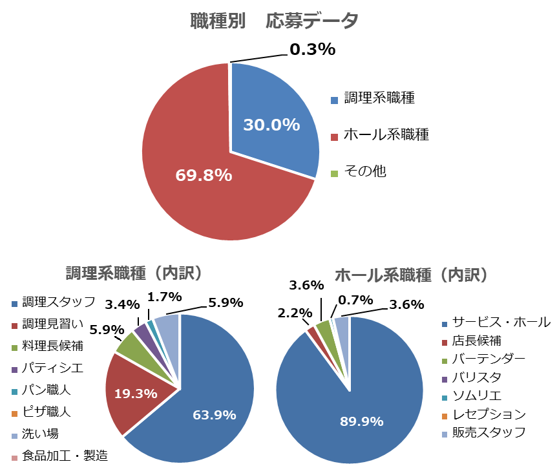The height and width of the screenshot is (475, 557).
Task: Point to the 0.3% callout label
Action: click(312, 49)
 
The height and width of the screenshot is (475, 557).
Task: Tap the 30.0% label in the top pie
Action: click(271, 125)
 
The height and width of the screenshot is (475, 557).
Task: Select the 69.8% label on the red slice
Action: click(204, 174)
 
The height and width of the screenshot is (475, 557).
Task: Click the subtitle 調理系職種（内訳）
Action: click(134, 273)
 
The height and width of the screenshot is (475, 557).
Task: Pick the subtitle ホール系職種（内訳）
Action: click(412, 275)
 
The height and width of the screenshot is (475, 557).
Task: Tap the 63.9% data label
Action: click(214, 415)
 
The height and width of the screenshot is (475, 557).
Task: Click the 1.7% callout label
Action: click(165, 297)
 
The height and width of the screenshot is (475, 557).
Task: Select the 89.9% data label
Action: click(362, 421)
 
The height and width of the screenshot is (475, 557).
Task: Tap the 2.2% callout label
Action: click(295, 313)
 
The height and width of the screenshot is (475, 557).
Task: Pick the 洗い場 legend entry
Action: click(40, 433)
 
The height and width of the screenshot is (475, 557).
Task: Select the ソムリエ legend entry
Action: click(477, 396)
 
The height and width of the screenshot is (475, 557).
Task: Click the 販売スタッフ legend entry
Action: click(489, 432)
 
